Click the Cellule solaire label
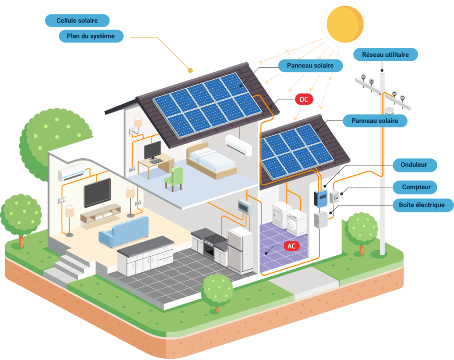(x=77, y=20)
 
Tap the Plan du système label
(x=91, y=36)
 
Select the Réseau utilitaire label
(x=385, y=55)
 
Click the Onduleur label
(x=415, y=165)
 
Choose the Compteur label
(x=415, y=188)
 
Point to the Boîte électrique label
(x=422, y=205)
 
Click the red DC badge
(x=304, y=99)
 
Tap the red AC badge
(x=292, y=246)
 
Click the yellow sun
(x=345, y=24)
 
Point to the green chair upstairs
(x=174, y=179)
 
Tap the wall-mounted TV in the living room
(x=97, y=192)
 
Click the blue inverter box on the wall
(x=321, y=198)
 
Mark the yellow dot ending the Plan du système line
(x=190, y=70)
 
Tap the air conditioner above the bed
(x=239, y=145)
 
